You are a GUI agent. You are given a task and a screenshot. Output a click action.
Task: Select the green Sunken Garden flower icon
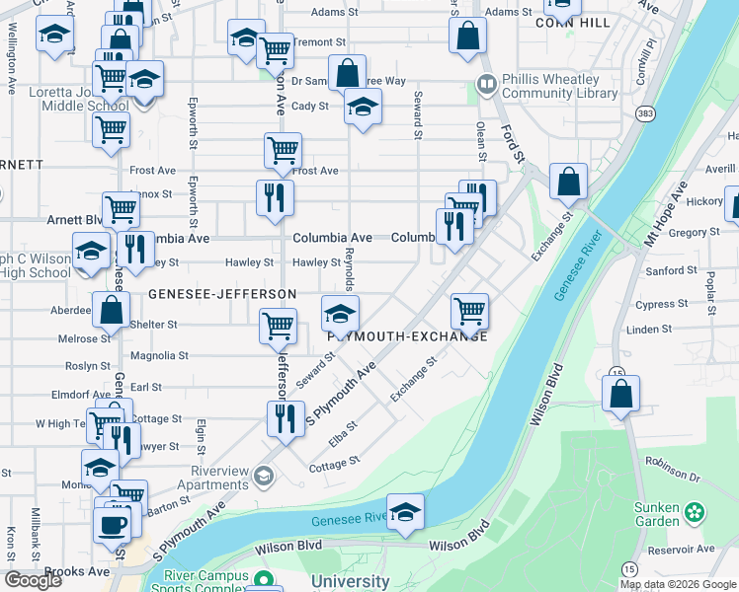click(x=696, y=511)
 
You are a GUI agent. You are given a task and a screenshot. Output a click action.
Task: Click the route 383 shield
click(x=644, y=114)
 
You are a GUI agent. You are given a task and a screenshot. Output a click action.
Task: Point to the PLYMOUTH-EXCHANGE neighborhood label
click(x=407, y=335)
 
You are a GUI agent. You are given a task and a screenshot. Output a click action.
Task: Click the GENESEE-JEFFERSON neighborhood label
click(x=222, y=294)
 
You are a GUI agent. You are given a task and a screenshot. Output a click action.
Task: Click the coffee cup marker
click(x=112, y=524)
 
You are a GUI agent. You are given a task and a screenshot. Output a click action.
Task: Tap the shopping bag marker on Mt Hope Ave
click(x=620, y=395)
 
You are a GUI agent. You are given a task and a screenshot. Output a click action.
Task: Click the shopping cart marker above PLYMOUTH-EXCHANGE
click(x=470, y=312)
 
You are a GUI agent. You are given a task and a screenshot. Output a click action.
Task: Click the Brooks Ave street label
click(x=77, y=571)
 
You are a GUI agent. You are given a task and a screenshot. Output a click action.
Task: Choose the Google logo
click(x=33, y=580)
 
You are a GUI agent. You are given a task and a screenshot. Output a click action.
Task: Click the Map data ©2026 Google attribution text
click(x=678, y=584)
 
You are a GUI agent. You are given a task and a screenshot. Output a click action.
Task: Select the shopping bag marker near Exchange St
click(x=568, y=184)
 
